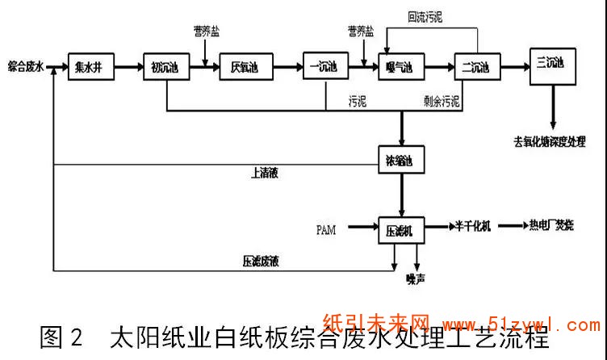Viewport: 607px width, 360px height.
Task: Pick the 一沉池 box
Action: coord(323,65)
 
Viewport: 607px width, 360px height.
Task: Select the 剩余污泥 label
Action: coord(443,102)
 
